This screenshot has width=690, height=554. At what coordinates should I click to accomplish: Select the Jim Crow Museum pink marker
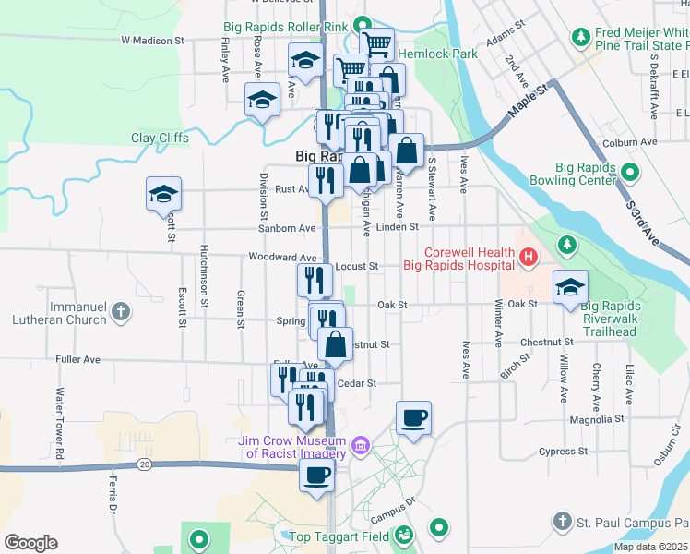pos(361,447)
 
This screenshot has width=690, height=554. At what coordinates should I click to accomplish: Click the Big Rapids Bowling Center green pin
pos(630,173)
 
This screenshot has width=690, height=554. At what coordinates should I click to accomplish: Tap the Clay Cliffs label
pos(160,138)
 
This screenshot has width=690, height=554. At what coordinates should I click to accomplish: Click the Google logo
pos(30,543)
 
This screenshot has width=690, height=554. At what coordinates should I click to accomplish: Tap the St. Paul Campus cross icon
pos(563,522)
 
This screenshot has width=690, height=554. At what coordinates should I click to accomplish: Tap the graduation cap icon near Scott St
pos(163,195)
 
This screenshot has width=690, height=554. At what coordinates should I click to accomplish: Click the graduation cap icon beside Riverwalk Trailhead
pos(570,287)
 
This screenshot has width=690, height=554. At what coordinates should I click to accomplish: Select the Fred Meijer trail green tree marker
pos(581,37)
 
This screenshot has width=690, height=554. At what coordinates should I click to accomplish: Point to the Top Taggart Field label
pos(338,536)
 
